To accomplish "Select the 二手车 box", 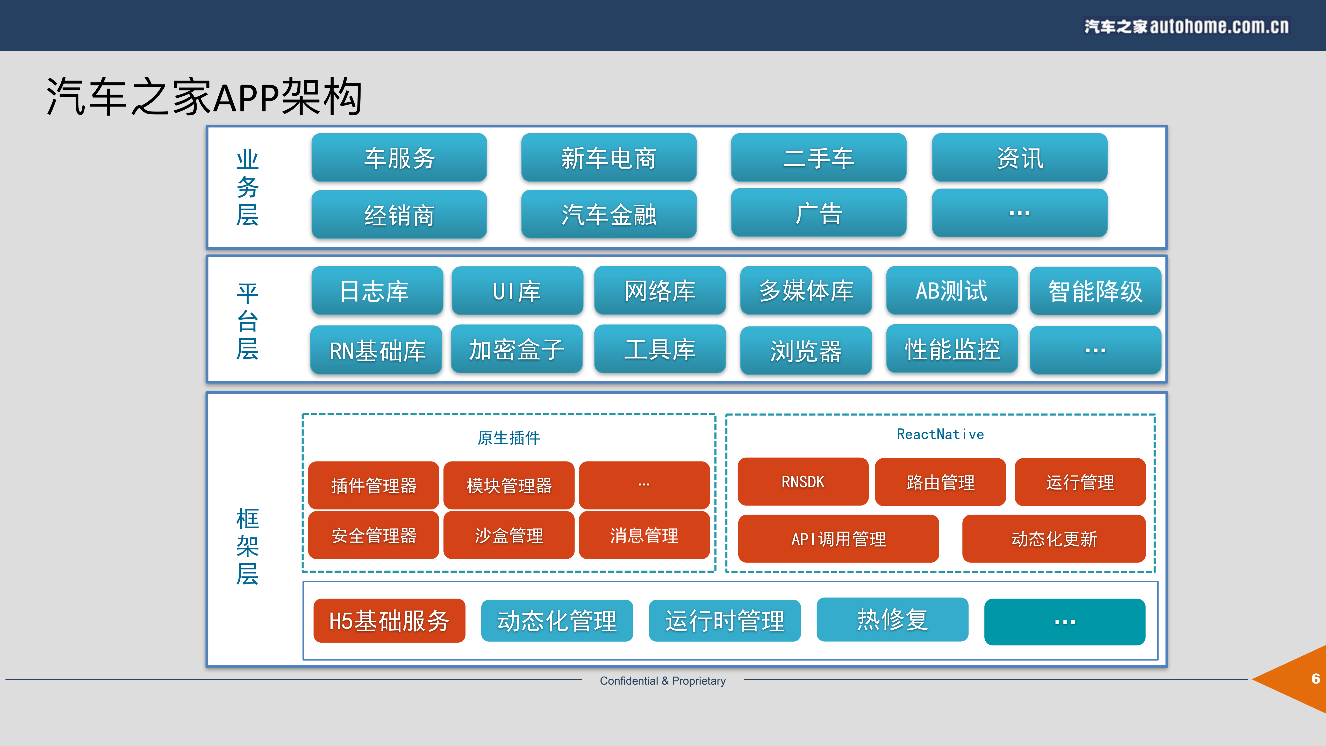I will (819, 158).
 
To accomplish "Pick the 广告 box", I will (819, 213).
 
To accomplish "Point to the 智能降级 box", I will (1095, 291).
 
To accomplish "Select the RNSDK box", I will (802, 482).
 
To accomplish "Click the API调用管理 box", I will (838, 538).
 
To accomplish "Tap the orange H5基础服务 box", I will (389, 620).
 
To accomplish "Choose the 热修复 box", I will (892, 619).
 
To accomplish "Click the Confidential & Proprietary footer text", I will (663, 681).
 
